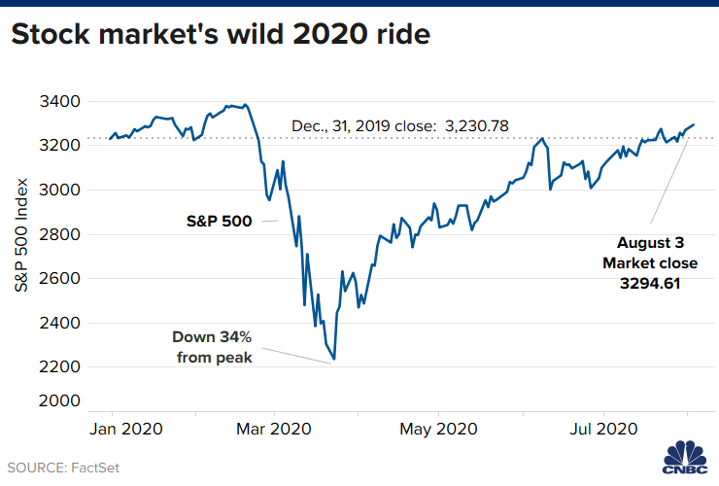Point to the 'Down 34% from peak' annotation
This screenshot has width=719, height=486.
(212, 347)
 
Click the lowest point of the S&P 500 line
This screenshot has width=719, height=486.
(334, 360)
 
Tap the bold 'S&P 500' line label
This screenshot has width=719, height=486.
(220, 221)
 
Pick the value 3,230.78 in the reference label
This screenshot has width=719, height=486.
(477, 125)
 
